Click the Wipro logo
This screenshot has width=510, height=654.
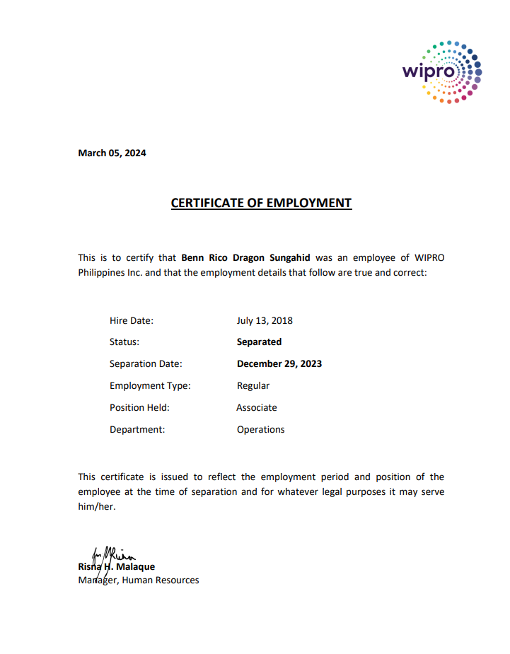coord(442,71)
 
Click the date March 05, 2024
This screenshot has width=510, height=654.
coord(112,153)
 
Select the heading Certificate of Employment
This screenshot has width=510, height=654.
coord(261,203)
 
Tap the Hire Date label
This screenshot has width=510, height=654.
coord(132,320)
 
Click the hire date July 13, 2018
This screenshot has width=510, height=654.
coord(265,320)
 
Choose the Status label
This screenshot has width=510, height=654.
coord(124,341)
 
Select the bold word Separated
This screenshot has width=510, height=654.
coord(259,341)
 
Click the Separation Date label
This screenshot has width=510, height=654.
coord(146,363)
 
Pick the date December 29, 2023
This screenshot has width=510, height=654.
coord(279,363)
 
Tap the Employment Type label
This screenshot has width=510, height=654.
coord(150,385)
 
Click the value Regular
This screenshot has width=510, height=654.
coord(253,385)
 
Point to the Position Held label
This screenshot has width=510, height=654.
coord(139,407)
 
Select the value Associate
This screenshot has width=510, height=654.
coord(257,407)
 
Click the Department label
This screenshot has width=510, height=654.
coord(137,429)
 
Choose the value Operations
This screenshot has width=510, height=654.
coord(261,429)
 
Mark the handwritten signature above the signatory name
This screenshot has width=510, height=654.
coord(110,554)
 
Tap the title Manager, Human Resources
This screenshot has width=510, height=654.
coord(139,580)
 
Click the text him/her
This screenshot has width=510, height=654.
coord(96,506)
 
